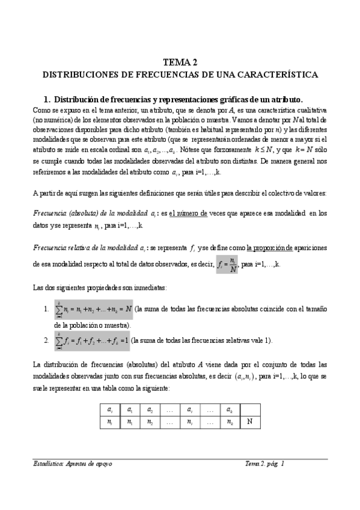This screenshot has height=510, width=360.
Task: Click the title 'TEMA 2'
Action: tap(180, 62)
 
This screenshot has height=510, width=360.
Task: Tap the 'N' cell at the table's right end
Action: tap(248, 421)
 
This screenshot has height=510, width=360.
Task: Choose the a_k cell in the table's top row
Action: tap(228, 409)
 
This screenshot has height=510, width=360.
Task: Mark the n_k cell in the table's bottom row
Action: tap(228, 421)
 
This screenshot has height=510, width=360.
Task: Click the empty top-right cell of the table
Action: tap(248, 409)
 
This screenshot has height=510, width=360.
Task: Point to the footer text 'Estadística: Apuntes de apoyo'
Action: tap(73, 464)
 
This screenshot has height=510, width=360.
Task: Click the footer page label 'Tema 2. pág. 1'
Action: tap(264, 464)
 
